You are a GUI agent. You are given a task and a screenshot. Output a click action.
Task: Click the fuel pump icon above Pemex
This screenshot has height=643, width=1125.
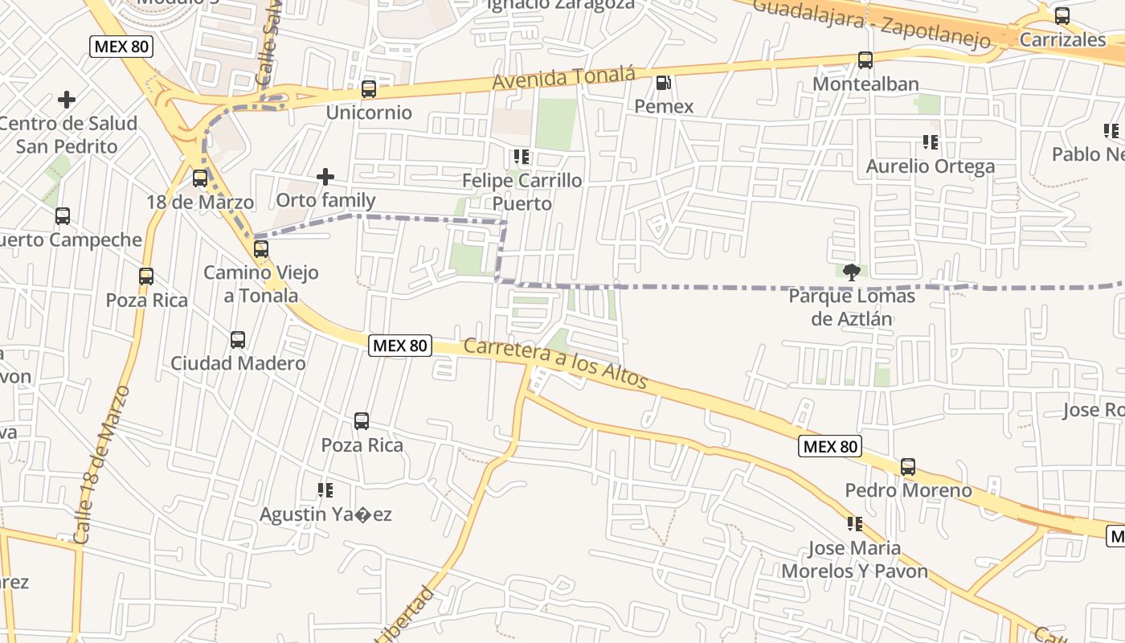[663, 83]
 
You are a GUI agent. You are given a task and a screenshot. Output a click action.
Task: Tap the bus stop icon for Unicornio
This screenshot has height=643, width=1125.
[369, 89]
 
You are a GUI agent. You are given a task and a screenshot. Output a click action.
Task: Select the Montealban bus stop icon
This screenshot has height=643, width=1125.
[865, 60]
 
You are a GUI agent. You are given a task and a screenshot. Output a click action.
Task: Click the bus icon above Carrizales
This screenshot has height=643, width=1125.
[1062, 16]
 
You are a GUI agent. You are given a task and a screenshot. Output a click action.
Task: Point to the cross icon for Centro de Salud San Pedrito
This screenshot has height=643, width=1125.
[67, 100]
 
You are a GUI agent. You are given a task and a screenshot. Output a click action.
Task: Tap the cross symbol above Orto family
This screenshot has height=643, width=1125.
[325, 177]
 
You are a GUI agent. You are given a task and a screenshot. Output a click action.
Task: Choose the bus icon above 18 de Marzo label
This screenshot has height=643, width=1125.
[200, 178]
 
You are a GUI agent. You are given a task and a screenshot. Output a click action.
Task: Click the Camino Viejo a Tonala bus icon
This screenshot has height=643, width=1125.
[261, 249]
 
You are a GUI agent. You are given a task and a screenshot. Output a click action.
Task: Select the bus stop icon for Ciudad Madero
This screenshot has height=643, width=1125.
[238, 340]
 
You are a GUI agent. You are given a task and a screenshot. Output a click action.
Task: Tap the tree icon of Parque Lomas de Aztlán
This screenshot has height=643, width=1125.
[852, 272]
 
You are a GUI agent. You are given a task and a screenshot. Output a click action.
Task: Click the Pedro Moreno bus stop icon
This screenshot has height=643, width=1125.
[908, 467]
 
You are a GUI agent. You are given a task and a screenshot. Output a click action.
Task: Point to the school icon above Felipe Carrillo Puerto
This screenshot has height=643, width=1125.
[522, 157]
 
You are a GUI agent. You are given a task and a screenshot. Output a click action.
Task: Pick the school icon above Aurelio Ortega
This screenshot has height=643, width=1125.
[931, 143]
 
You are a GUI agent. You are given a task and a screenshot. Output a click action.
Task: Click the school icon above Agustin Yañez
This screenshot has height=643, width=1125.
[325, 490]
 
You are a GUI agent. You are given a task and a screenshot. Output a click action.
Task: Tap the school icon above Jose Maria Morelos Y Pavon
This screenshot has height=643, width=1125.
[855, 525]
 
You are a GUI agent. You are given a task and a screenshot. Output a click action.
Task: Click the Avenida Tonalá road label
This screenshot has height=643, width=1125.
[563, 79]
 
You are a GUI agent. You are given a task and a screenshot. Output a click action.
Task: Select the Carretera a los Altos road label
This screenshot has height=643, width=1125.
[555, 364]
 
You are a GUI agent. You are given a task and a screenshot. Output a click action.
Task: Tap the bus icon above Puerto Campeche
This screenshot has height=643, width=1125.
[63, 216]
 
